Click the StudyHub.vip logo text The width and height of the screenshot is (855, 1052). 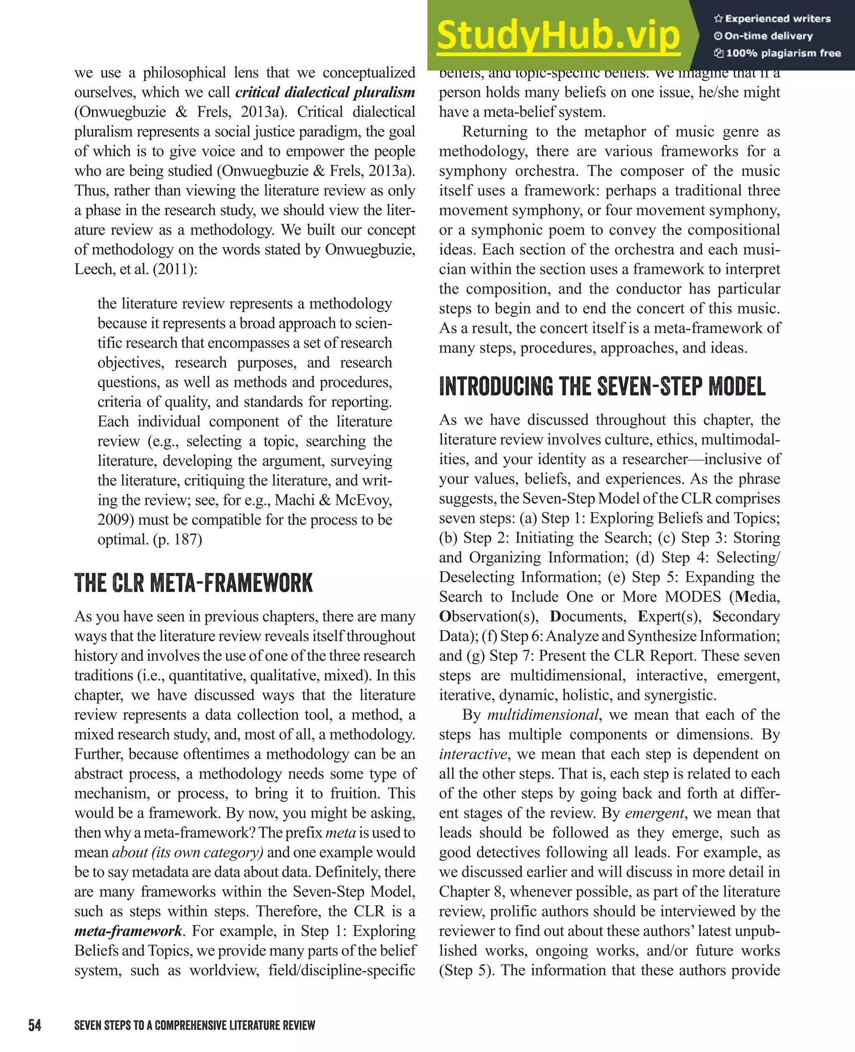pos(558,35)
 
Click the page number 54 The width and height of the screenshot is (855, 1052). pos(35,1025)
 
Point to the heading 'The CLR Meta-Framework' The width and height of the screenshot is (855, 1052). pos(194,583)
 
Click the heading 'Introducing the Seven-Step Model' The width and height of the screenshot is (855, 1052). pos(602,386)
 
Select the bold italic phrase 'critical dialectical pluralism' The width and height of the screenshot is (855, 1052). pos(325,93)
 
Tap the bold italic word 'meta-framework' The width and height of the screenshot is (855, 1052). pos(129,931)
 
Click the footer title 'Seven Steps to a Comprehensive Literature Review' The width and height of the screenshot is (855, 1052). pos(195,1025)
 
